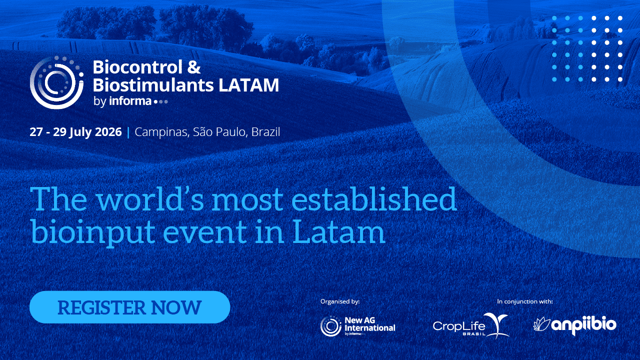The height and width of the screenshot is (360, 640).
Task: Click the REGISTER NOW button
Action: tap(129, 307)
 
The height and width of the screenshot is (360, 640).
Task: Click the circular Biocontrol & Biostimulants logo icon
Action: tap(56, 82)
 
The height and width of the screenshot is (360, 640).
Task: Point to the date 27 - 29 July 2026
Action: tap(75, 132)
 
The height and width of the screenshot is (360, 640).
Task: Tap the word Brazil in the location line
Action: tap(265, 132)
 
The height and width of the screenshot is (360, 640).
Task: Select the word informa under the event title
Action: tap(131, 101)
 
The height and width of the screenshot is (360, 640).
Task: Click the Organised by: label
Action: tap(340, 301)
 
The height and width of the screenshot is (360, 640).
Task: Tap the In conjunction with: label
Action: tap(524, 301)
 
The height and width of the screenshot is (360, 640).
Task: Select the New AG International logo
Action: tap(357, 326)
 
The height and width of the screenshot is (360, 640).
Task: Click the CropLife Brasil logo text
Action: tap(459, 326)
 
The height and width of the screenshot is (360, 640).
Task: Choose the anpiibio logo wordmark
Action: tap(584, 325)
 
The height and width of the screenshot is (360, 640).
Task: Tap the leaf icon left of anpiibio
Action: tap(542, 324)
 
